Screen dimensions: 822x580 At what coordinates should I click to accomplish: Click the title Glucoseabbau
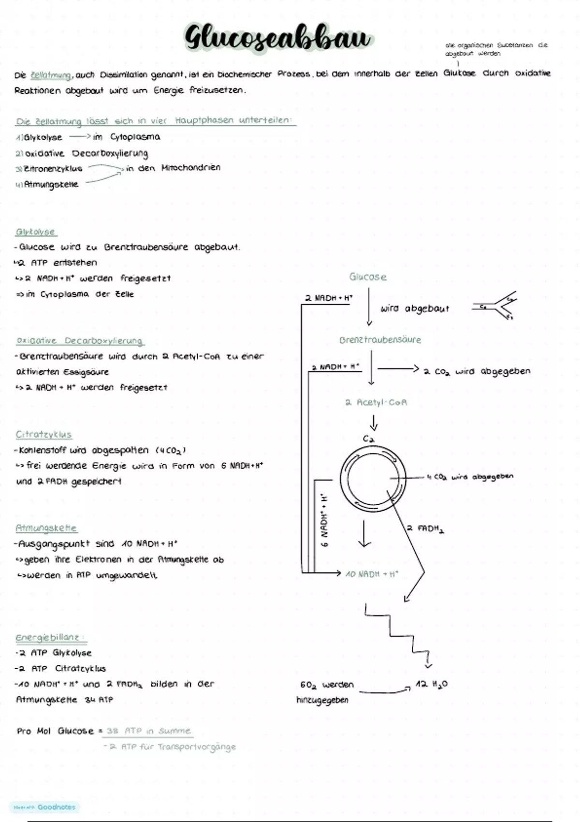(x=278, y=38)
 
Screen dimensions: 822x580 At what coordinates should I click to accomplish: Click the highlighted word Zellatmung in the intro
(x=51, y=75)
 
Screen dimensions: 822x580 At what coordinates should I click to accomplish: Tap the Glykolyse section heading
(x=36, y=232)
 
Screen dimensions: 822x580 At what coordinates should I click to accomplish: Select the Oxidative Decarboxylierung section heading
(x=80, y=341)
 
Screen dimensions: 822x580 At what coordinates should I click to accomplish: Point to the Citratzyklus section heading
(x=43, y=434)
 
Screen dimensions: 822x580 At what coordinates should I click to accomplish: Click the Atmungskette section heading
(x=46, y=528)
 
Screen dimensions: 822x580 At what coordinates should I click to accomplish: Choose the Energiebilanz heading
(x=50, y=637)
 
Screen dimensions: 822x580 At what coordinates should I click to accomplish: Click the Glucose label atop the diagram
(x=368, y=277)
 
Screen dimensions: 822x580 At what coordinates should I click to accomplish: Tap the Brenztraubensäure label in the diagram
(x=380, y=340)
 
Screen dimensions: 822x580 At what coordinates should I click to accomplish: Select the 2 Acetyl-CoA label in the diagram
(x=376, y=402)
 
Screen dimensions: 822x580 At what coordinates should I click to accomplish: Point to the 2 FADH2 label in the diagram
(x=425, y=528)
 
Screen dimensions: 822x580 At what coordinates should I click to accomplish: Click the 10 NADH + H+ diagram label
(x=372, y=574)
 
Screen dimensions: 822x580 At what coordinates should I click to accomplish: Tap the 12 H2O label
(x=432, y=684)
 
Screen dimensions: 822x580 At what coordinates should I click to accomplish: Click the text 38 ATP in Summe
(x=148, y=731)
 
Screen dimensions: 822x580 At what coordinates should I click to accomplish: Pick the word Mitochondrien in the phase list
(x=191, y=168)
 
